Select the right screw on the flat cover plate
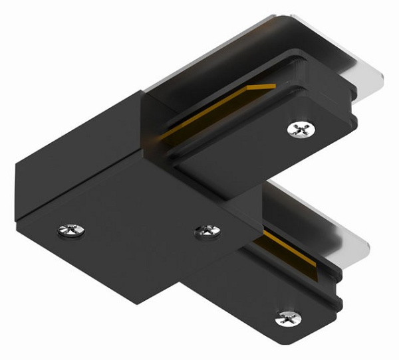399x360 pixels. pos(207,231)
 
